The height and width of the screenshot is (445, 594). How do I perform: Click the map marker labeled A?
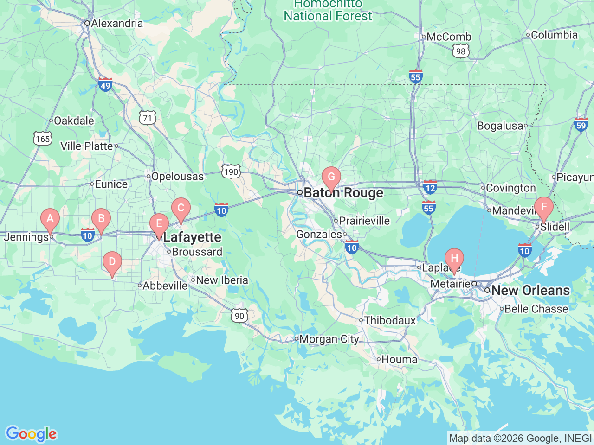[x=50, y=219]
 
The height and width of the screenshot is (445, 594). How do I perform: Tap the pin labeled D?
[x=112, y=262]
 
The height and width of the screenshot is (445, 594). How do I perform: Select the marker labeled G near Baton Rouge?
[x=331, y=177]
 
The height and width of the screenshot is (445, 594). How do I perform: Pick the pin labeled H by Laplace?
[x=454, y=259]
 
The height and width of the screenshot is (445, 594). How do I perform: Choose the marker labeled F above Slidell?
[x=544, y=207]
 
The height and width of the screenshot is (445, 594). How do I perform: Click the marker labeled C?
[x=181, y=208]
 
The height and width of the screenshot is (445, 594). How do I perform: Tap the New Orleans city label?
[x=530, y=291]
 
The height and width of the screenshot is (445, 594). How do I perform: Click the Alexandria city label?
[x=117, y=23]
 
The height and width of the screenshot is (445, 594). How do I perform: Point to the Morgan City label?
[x=329, y=339]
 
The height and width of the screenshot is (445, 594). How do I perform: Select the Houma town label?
[x=399, y=360]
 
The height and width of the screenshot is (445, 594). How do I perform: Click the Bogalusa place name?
[x=500, y=126]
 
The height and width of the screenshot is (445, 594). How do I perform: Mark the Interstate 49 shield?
[x=105, y=85]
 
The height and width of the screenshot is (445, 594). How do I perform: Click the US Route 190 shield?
[x=231, y=172]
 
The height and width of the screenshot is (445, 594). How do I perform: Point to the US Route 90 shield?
[x=239, y=316]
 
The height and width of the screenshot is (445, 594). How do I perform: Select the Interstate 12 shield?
[x=430, y=188]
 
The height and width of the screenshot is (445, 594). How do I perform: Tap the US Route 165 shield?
[x=43, y=139]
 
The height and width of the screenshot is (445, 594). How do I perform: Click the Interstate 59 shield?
[x=581, y=124]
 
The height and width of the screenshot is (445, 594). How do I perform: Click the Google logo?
[x=31, y=434]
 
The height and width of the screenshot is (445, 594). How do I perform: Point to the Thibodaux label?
[x=390, y=320]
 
